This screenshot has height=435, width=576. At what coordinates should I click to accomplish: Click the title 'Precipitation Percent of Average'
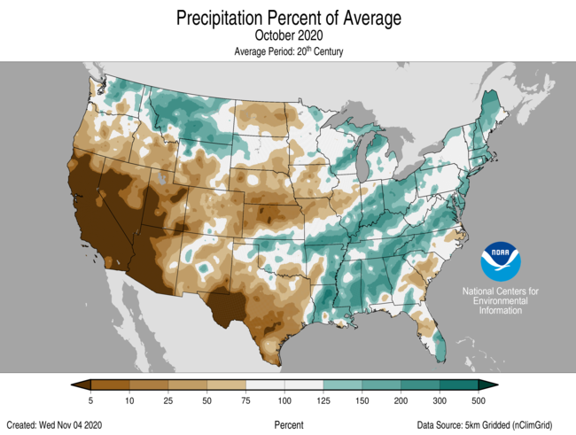pyautogui.click(x=288, y=18)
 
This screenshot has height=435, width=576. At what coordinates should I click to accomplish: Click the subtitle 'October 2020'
pyautogui.click(x=288, y=35)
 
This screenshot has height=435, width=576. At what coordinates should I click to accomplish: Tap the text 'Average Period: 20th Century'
pyautogui.click(x=288, y=52)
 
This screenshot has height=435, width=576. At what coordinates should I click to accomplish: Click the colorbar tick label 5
pyautogui.click(x=91, y=401)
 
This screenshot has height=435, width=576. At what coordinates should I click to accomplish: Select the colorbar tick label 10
pyautogui.click(x=130, y=401)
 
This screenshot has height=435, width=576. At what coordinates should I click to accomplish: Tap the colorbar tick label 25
pyautogui.click(x=168, y=401)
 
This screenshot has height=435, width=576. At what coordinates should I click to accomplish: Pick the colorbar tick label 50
pyautogui.click(x=207, y=401)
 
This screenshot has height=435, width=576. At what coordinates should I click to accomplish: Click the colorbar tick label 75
pyautogui.click(x=246, y=401)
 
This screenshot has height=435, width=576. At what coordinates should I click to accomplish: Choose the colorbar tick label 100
pyautogui.click(x=284, y=401)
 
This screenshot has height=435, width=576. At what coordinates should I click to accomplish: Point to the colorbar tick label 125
pyautogui.click(x=323, y=401)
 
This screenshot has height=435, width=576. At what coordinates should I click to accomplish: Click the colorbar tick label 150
pyautogui.click(x=362, y=401)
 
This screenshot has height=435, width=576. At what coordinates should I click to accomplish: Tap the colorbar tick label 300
pyautogui.click(x=440, y=401)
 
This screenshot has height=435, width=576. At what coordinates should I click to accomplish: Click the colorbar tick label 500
pyautogui.click(x=479, y=401)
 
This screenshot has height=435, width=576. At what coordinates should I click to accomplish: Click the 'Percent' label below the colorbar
pyautogui.click(x=289, y=425)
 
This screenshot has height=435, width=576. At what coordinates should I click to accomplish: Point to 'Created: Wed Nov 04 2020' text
pyautogui.click(x=56, y=425)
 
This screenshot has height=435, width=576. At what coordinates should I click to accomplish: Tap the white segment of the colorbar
pyautogui.click(x=284, y=385)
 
